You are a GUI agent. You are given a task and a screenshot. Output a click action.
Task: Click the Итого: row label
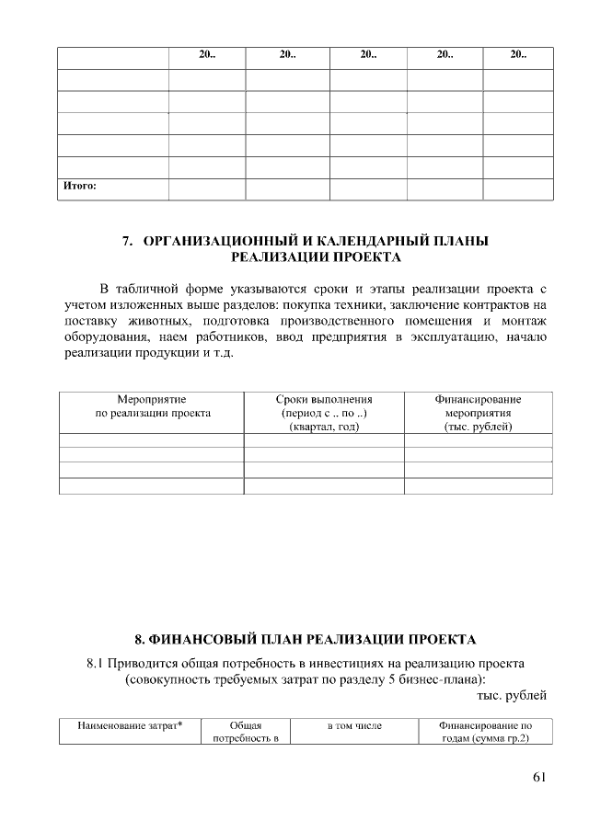[79, 186]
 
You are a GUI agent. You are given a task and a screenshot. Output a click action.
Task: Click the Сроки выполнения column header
[323, 400]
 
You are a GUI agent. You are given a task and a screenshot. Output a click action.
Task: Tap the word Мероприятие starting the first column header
[152, 400]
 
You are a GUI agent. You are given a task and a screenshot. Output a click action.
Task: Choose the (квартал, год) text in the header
[323, 427]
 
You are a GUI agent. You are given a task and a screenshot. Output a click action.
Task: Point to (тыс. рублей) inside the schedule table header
[478, 427]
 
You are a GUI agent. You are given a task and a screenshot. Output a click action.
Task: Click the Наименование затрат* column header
[130, 726]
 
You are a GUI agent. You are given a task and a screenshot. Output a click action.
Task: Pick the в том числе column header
[354, 726]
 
